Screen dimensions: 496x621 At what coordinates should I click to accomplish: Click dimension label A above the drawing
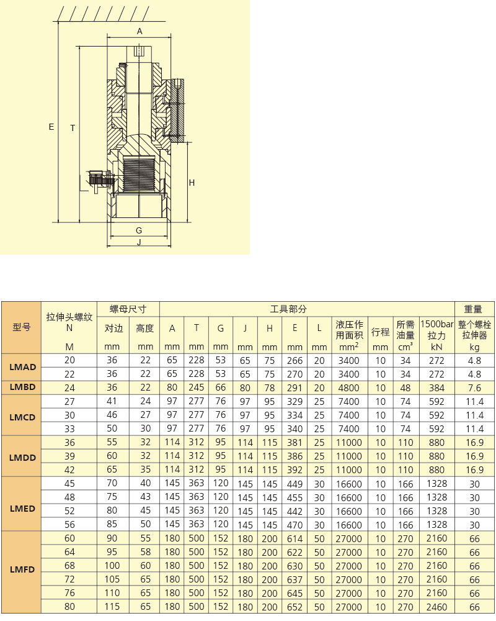(x=139, y=31)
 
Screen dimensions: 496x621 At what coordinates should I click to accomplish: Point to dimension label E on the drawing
(x=51, y=127)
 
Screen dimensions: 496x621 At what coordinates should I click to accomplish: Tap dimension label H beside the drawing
(x=192, y=183)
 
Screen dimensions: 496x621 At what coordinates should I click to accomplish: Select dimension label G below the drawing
(x=139, y=230)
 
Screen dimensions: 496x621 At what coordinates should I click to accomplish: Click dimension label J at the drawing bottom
(x=139, y=242)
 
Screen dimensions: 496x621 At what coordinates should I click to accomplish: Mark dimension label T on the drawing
(x=73, y=128)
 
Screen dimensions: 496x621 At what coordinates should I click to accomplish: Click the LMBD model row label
(x=22, y=387)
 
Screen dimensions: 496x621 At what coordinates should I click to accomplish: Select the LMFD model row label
(x=22, y=569)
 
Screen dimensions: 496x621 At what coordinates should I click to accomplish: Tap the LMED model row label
(x=22, y=509)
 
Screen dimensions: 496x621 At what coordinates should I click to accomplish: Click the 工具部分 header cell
(x=288, y=309)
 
